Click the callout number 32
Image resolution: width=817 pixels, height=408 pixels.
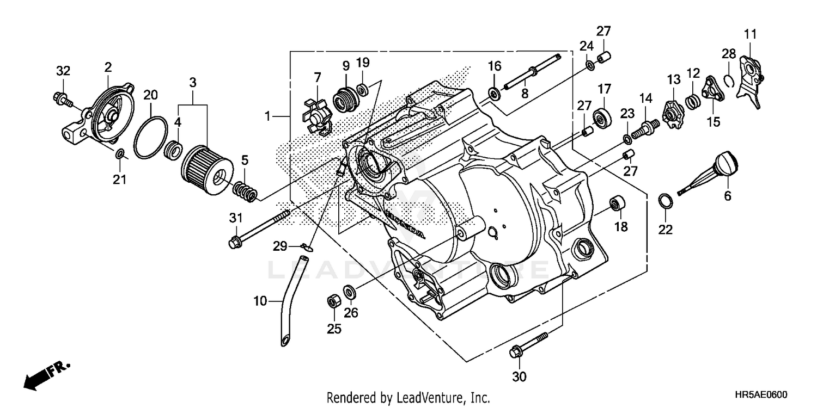point(63,71)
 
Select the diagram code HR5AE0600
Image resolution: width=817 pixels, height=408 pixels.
point(761,397)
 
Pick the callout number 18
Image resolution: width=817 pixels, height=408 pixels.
point(620,226)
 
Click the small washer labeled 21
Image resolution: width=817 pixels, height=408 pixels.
point(119,158)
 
